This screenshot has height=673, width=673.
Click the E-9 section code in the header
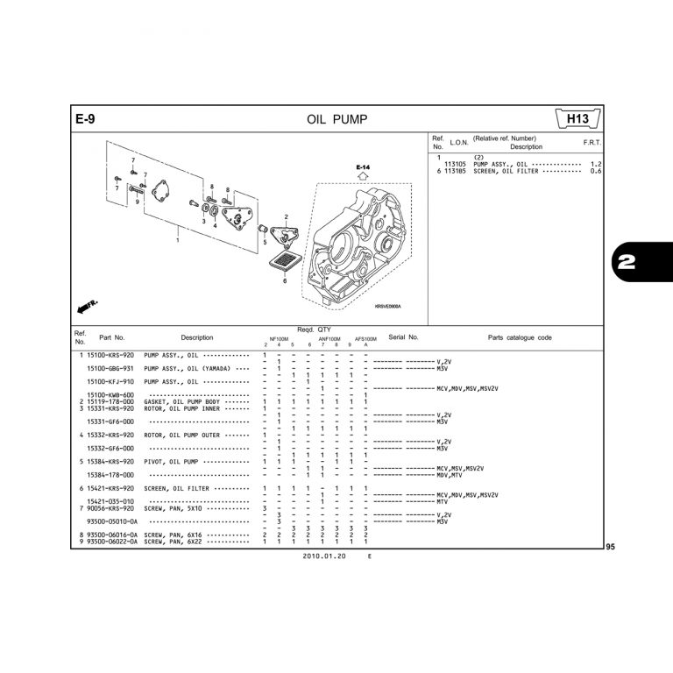85,119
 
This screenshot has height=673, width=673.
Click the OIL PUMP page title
336,119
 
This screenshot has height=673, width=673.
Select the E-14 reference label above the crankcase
363,166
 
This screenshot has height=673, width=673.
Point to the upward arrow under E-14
363,176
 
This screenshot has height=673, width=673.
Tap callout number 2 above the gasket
286,216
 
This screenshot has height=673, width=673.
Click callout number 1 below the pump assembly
178,241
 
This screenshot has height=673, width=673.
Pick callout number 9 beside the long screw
138,201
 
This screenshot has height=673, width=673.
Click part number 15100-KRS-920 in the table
110,355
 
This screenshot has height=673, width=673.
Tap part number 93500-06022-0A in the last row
110,542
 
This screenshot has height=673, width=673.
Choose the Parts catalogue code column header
520,336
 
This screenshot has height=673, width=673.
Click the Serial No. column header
403,336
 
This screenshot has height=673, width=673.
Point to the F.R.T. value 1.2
596,164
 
